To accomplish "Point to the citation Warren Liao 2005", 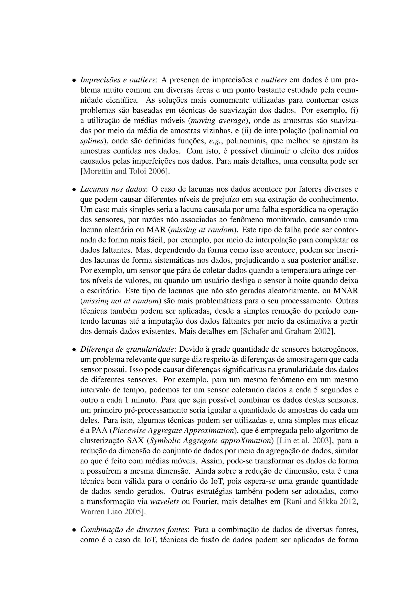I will (x=111, y=512).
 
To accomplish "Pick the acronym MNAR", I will (x=346, y=291).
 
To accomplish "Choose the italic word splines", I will (x=92, y=141).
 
